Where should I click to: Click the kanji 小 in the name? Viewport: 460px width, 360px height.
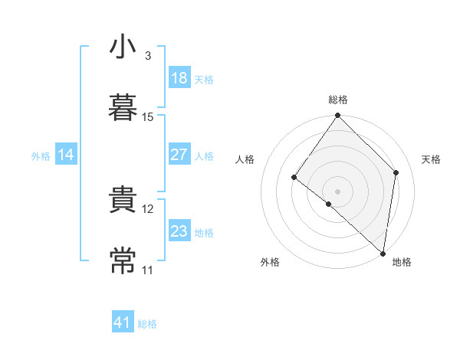(x=123, y=47)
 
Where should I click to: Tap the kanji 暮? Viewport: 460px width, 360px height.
(x=123, y=106)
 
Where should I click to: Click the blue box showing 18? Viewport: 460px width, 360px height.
(x=179, y=78)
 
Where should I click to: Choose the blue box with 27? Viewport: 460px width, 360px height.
(x=179, y=155)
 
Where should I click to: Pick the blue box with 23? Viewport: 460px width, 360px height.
(x=179, y=231)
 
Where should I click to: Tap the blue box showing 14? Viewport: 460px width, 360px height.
(x=66, y=155)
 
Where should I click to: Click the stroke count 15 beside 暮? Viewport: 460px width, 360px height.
(x=148, y=117)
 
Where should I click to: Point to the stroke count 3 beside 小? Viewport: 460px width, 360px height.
(x=148, y=56)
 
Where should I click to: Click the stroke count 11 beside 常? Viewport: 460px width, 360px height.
(x=148, y=270)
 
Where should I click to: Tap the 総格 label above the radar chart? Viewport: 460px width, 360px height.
(x=338, y=100)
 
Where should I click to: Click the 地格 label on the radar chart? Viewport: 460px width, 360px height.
(x=402, y=263)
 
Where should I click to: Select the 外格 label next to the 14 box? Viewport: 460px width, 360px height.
(x=41, y=156)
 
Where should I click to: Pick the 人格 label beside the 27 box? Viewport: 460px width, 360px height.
(x=204, y=156)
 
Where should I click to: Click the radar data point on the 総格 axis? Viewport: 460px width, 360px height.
(x=338, y=116)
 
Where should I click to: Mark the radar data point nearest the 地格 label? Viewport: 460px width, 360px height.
(x=383, y=253)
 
